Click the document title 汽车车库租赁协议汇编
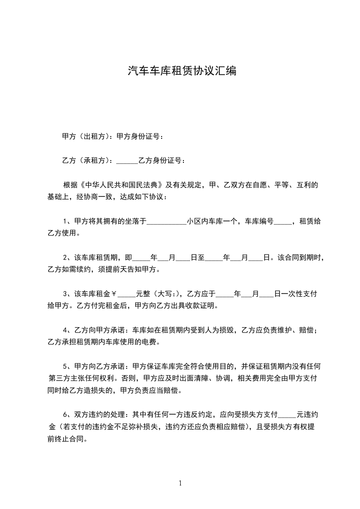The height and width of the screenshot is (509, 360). pyautogui.click(x=182, y=71)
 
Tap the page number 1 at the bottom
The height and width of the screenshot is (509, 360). pyautogui.click(x=180, y=483)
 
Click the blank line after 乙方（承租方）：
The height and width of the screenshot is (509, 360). pyautogui.click(x=127, y=161)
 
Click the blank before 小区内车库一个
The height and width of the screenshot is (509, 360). pyautogui.click(x=167, y=222)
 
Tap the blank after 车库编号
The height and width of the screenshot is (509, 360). pyautogui.click(x=283, y=222)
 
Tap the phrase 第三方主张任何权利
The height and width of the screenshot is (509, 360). pyautogui.click(x=80, y=378)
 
